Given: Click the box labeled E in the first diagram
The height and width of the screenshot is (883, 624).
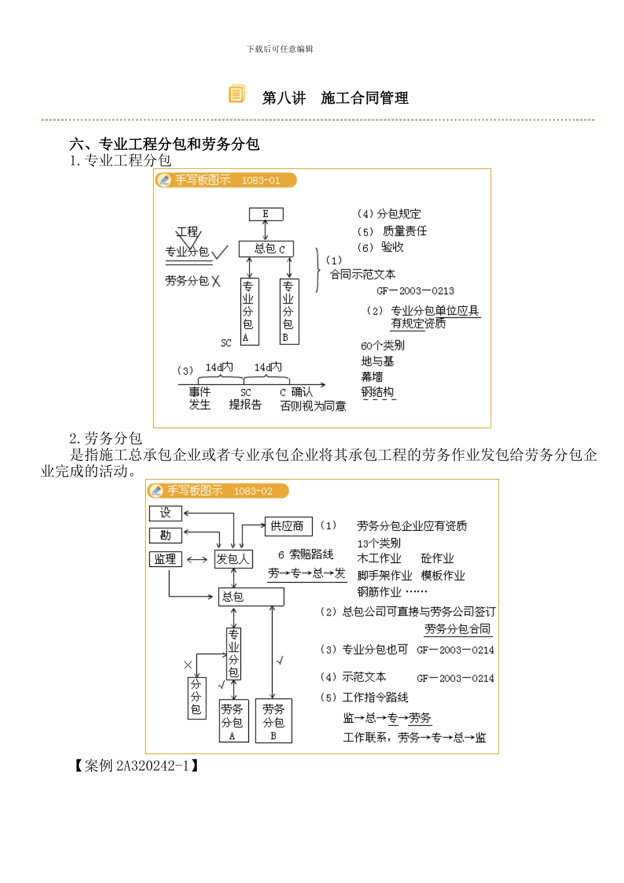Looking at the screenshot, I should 266,214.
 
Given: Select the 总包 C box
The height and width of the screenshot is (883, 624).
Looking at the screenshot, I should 265,249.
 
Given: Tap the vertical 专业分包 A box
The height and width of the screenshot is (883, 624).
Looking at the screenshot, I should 249,311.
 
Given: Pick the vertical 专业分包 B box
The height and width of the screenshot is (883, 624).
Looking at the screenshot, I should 289,311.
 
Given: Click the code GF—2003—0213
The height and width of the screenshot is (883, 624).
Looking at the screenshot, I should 415,291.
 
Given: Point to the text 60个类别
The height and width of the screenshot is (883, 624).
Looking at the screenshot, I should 382,346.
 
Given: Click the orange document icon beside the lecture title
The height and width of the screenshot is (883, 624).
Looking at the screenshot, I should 236,95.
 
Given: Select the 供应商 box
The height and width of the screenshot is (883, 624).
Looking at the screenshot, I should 288,526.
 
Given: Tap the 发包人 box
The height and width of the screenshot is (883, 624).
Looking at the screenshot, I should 233,559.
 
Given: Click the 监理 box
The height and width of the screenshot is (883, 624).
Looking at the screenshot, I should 165,559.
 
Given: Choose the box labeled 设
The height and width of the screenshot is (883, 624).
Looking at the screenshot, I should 165,513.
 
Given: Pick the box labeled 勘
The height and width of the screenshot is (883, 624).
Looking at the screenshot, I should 165,535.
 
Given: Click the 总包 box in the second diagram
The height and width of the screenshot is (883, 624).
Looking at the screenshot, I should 251,597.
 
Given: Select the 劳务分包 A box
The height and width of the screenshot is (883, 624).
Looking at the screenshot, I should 233,721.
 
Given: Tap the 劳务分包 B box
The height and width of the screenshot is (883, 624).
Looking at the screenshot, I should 273,721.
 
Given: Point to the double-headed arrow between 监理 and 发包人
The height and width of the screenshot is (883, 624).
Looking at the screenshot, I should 197,560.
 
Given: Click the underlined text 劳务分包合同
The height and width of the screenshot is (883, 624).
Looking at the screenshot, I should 457,629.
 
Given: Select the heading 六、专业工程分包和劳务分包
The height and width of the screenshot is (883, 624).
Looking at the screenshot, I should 165,145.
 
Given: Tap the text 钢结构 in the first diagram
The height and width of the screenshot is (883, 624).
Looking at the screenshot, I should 378,393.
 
